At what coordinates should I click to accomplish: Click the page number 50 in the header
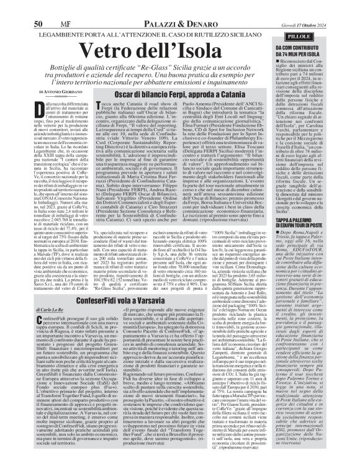38,7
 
